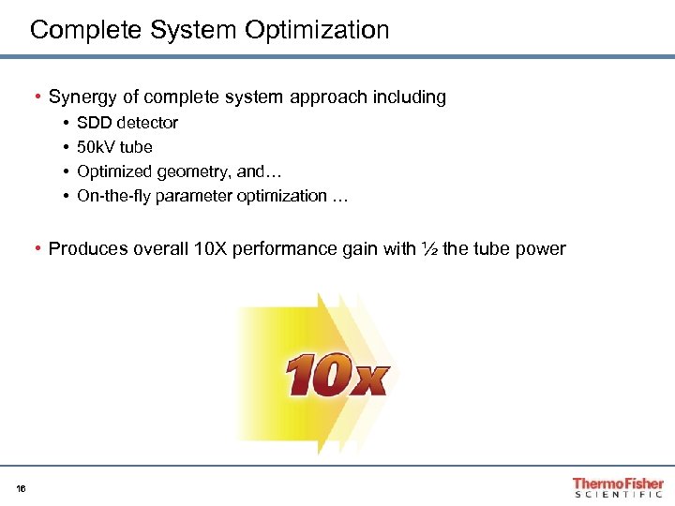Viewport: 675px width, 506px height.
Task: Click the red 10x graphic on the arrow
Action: point(336,375)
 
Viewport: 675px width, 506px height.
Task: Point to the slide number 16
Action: point(22,487)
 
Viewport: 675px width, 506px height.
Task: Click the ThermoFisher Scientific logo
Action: point(618,487)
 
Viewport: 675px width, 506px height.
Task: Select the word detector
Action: point(147,123)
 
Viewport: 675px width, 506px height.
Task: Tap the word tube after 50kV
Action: point(137,147)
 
